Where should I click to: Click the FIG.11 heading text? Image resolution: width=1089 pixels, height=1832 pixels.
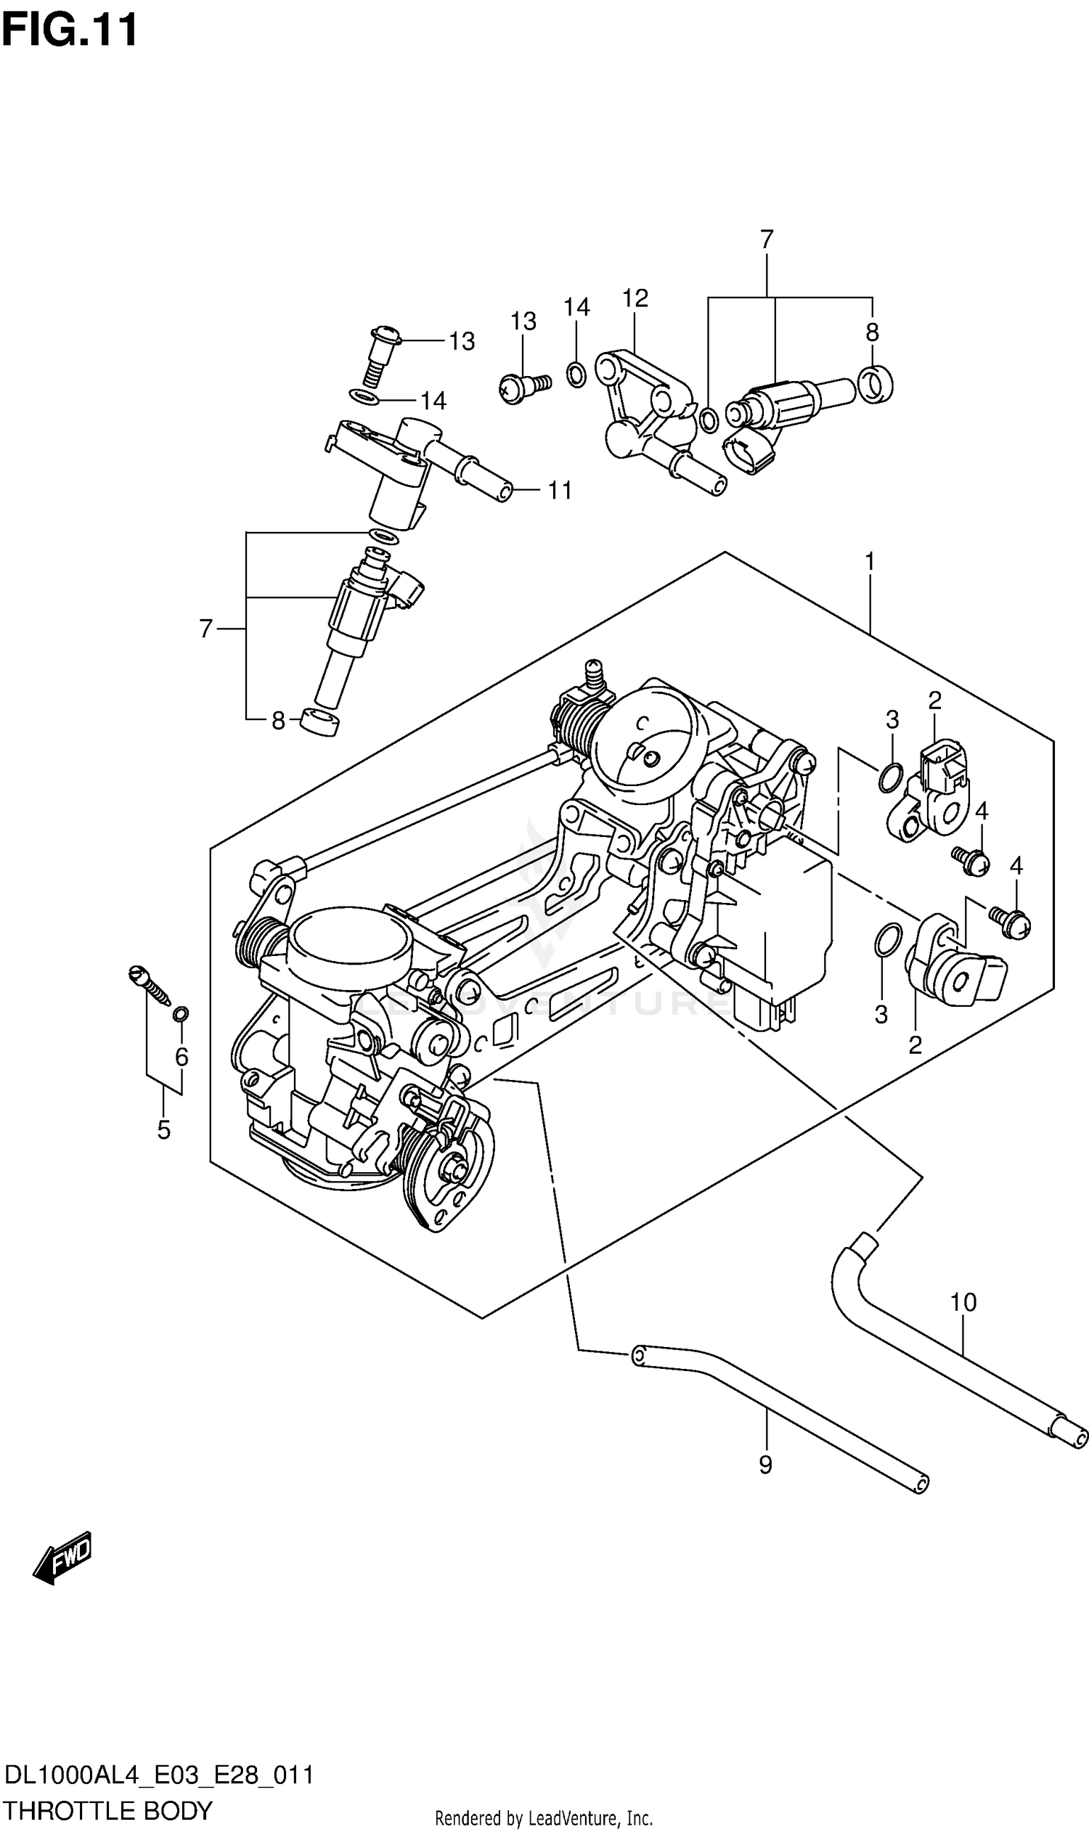point(70,30)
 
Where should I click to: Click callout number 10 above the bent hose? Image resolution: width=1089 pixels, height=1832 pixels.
point(963,1301)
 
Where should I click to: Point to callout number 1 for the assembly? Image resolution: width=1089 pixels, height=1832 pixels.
point(870,562)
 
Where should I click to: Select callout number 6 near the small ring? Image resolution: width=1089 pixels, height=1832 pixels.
point(181,1057)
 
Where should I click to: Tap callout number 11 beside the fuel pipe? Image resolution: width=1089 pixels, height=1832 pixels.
point(560,490)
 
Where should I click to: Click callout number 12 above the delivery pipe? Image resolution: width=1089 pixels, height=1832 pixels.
point(635,298)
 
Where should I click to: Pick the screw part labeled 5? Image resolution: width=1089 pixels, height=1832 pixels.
point(149,986)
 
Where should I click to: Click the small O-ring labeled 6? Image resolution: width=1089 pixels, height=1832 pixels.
point(181,1014)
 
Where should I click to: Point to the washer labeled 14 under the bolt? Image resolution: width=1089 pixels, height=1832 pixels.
point(364,398)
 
